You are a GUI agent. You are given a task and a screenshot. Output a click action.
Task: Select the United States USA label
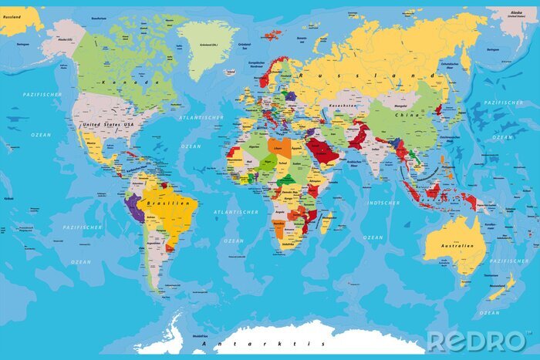[107, 124]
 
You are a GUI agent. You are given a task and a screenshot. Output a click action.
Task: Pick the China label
[406, 116]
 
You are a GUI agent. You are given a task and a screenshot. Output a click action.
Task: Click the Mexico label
[91, 143]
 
